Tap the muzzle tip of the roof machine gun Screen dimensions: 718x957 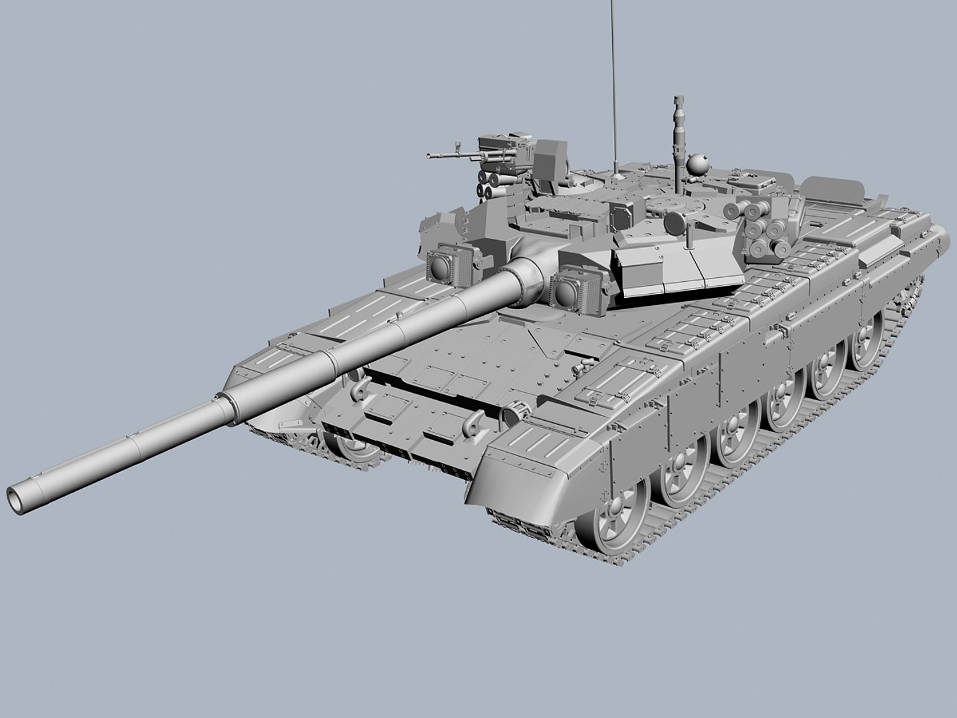[x=429, y=157]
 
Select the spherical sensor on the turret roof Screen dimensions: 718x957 [x=697, y=163]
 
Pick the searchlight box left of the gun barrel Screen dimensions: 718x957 [x=442, y=265]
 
